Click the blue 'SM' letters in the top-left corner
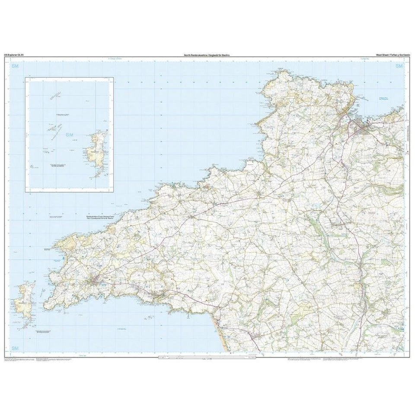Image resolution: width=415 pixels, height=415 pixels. click(x=16, y=66)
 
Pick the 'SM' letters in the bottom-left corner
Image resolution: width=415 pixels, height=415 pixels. click(x=16, y=348)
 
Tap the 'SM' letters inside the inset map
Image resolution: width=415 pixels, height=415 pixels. click(x=69, y=135)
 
